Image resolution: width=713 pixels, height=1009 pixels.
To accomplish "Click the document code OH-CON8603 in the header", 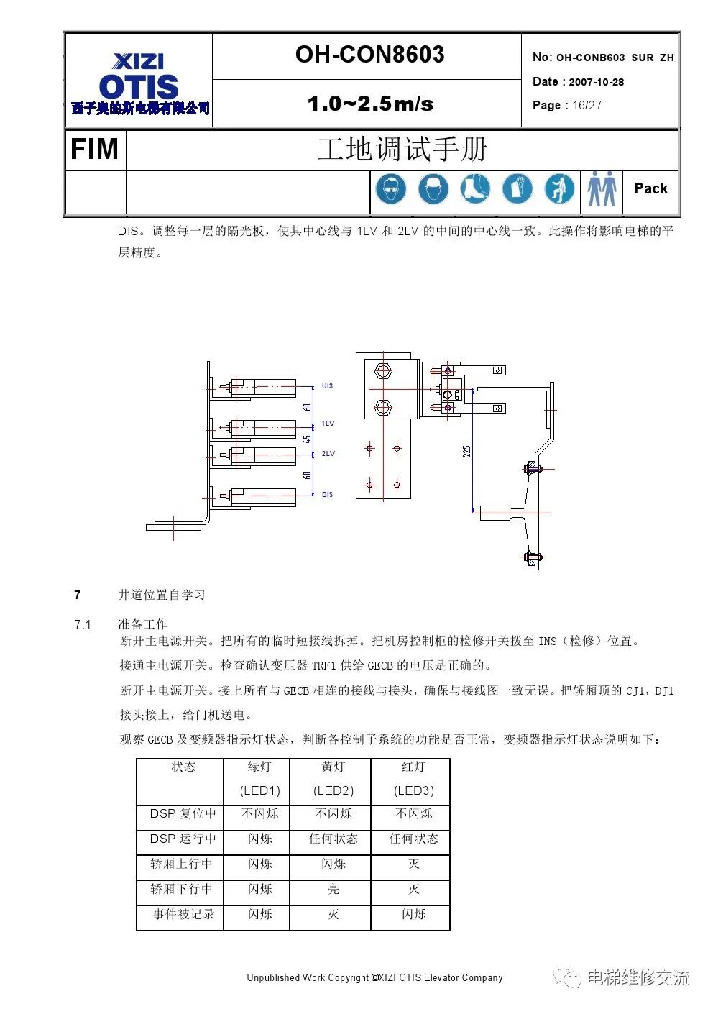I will [x=369, y=55].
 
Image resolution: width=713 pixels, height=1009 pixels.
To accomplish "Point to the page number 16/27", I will [x=586, y=105].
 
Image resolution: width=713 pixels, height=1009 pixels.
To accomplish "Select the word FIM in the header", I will [x=94, y=150].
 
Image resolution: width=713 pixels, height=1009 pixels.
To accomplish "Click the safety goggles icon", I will [x=390, y=190].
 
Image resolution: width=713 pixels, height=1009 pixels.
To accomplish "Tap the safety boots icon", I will [x=475, y=190].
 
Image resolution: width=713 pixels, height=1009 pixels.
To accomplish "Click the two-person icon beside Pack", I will [x=602, y=190].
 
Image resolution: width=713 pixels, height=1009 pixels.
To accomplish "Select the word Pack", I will [x=650, y=188].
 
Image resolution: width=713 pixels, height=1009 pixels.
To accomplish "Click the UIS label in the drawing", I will [x=327, y=386].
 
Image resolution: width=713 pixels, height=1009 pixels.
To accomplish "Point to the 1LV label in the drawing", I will [x=328, y=424].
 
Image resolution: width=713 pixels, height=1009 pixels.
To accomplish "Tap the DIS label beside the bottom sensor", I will [x=327, y=495].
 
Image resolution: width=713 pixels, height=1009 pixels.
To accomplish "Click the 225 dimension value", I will [x=466, y=451].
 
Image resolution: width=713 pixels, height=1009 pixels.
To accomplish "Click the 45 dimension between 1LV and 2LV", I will [x=307, y=439].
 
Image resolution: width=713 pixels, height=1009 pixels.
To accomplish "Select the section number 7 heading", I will [x=78, y=595].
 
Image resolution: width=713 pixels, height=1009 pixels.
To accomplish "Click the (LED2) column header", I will [x=333, y=790].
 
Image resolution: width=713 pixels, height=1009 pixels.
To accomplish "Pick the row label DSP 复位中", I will [x=183, y=813].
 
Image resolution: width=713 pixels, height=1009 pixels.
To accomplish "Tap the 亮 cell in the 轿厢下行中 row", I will [x=333, y=889].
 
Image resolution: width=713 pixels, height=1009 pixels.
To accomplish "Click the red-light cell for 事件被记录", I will [x=413, y=914].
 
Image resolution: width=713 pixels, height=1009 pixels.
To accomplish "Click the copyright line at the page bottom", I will [x=374, y=977].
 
